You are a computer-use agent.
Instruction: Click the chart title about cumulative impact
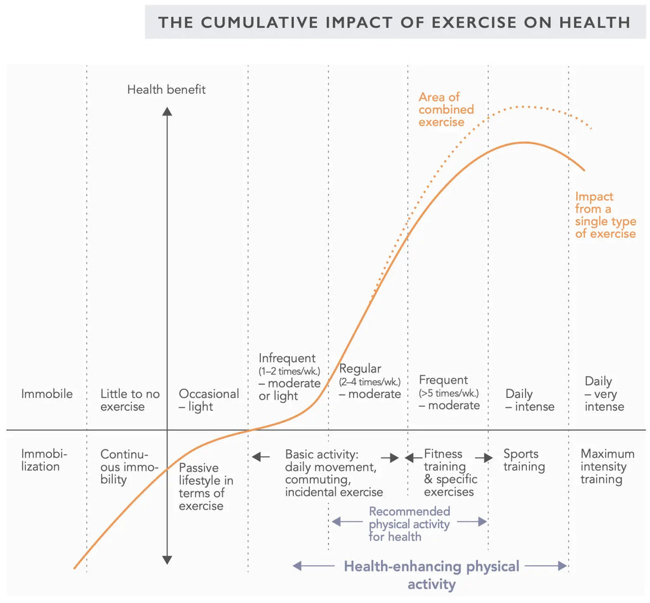click(394, 22)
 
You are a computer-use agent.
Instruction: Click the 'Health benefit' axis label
click(166, 89)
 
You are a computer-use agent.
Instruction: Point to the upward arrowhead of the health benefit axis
click(167, 112)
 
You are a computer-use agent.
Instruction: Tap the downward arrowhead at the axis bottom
click(167, 559)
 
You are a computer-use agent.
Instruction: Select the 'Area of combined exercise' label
click(446, 109)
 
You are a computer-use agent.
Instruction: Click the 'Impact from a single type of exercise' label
click(605, 215)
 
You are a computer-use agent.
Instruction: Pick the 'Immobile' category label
click(47, 394)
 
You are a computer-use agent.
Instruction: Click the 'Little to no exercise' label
click(130, 400)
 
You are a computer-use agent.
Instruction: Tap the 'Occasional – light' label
click(209, 400)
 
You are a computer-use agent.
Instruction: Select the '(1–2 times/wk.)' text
click(289, 371)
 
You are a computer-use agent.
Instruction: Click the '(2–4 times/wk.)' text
click(370, 381)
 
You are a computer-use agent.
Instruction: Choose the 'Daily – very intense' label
click(604, 394)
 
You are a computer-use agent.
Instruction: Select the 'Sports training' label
click(524, 460)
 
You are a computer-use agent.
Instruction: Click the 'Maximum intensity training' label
click(607, 467)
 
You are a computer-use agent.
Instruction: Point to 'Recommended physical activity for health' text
click(409, 524)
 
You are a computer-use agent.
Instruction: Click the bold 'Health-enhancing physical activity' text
click(432, 574)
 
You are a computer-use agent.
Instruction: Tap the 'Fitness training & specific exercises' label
click(448, 473)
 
